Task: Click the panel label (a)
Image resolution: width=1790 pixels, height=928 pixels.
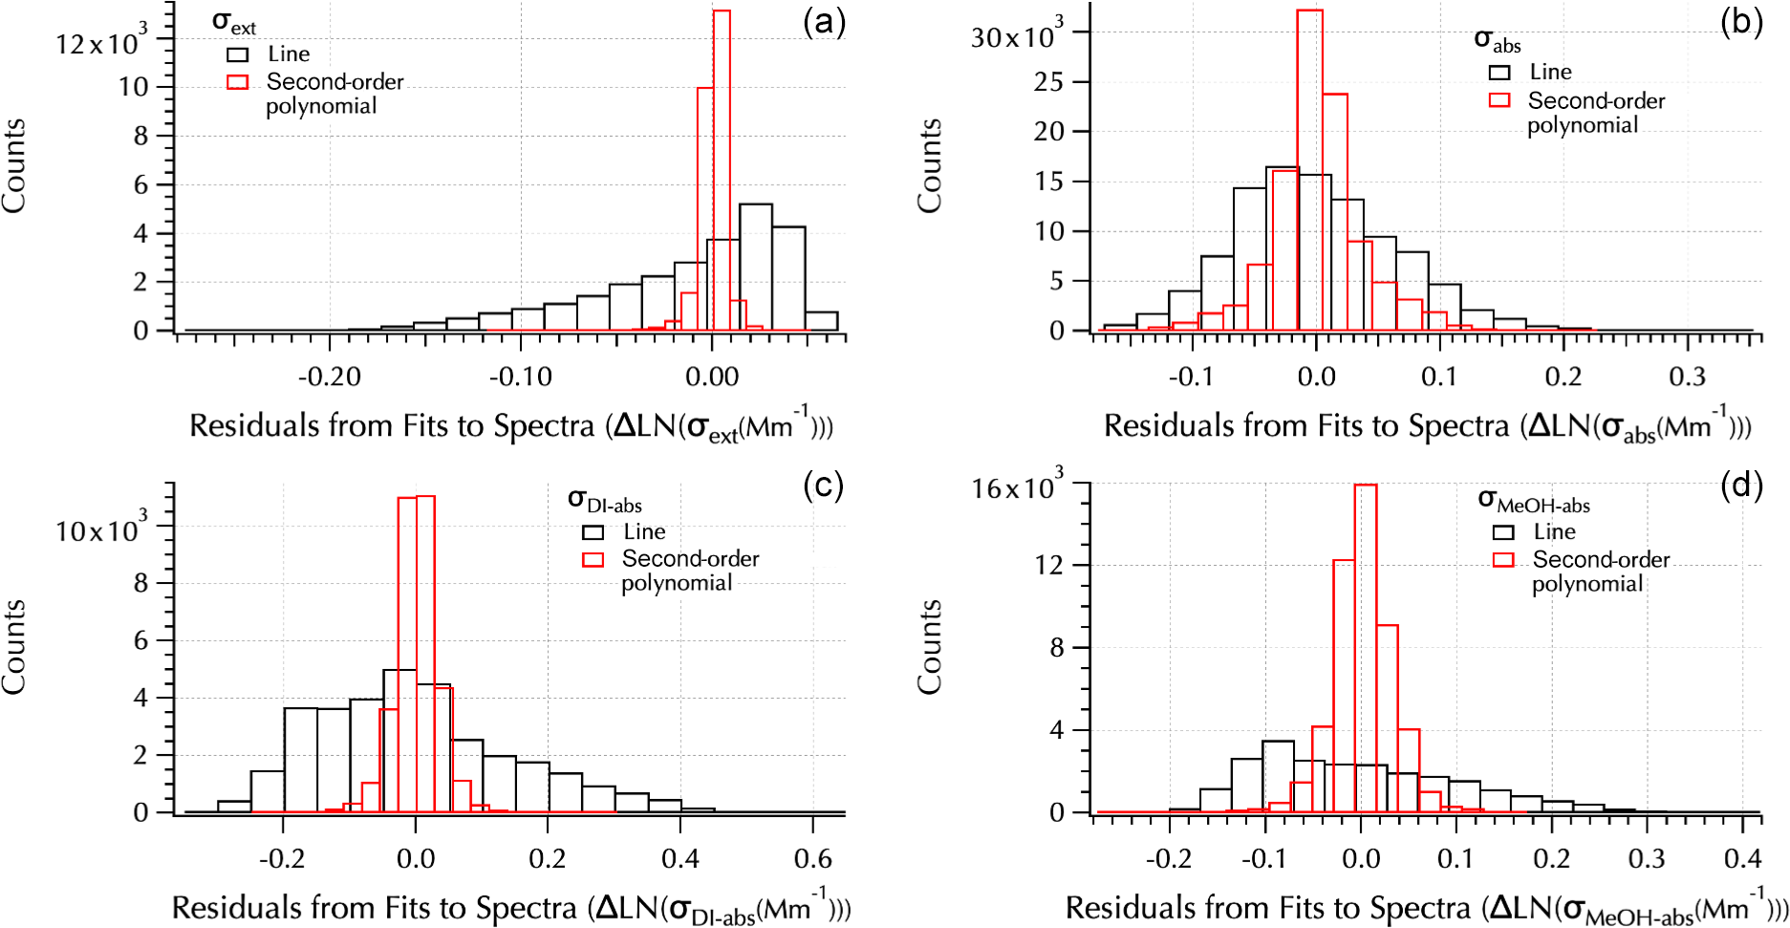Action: point(824,21)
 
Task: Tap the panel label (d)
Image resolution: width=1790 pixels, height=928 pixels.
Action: point(1740,486)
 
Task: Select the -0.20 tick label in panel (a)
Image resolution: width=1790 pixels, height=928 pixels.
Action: point(330,378)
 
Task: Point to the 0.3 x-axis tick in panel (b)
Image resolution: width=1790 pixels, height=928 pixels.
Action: point(1687,378)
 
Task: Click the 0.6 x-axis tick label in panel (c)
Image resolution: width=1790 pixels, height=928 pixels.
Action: point(812,858)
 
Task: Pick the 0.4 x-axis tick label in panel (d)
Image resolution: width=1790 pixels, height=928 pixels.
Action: point(1742,858)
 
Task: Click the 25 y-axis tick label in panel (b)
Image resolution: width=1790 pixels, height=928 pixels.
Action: point(1048,82)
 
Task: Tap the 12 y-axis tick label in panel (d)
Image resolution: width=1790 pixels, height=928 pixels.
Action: point(1048,565)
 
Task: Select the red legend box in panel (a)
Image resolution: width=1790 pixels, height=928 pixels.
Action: point(238,82)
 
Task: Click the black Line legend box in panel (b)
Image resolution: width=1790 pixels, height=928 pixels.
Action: point(1499,73)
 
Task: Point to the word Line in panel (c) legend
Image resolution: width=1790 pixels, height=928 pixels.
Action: point(644,531)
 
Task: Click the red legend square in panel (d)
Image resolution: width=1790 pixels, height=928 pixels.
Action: point(1503,560)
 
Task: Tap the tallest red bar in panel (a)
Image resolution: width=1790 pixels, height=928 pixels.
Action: point(722,172)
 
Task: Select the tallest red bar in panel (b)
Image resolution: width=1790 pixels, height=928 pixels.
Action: point(1309,172)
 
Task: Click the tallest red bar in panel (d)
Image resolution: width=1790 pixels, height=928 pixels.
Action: point(1366,650)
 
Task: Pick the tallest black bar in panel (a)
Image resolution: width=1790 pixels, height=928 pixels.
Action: point(756,268)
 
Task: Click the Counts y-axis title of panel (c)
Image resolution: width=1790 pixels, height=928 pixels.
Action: point(14,647)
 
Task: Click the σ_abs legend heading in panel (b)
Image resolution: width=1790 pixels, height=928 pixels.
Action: point(1497,40)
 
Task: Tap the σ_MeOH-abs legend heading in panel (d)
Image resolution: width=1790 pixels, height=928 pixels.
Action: point(1533,500)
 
